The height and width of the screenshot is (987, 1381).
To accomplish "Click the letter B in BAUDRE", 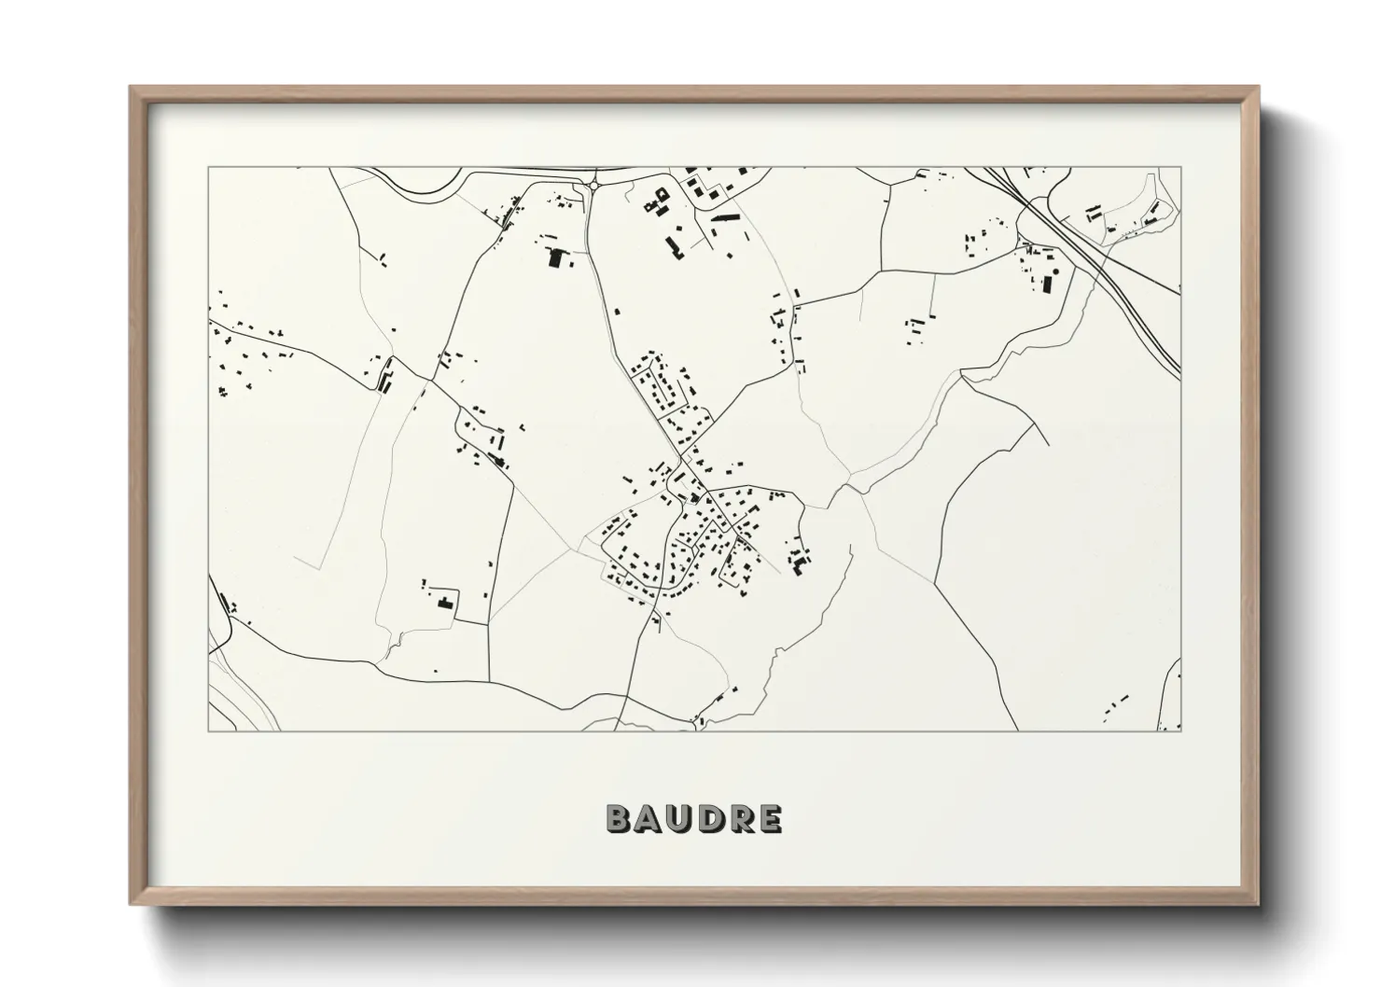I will click(x=618, y=818).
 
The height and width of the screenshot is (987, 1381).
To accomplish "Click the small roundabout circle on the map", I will click(x=593, y=187).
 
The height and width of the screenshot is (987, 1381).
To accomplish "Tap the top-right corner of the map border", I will click(x=1179, y=168).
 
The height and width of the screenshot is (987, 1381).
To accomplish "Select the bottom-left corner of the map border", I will click(x=208, y=730).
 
